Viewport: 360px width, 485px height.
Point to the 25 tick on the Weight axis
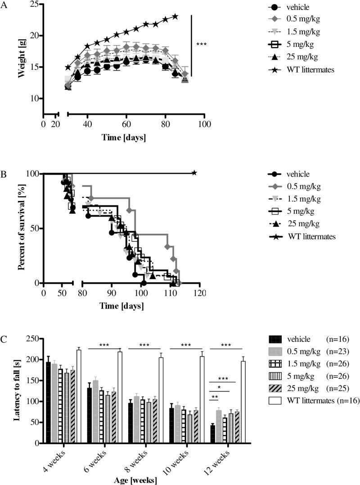(x=34, y=5)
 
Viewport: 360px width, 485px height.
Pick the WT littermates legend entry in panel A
(x=303, y=82)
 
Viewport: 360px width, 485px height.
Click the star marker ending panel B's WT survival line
(x=194, y=172)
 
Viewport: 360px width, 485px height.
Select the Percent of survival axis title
(x=21, y=228)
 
